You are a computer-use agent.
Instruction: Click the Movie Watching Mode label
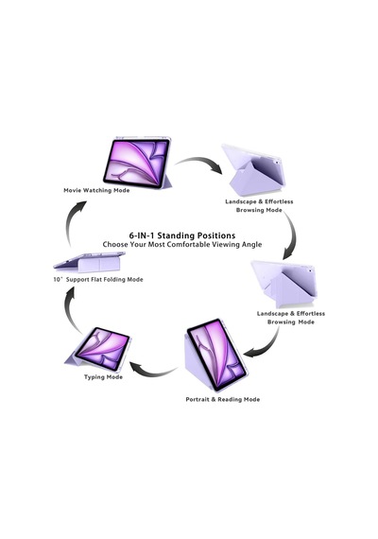click(96, 190)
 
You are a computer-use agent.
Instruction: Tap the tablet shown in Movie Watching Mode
click(137, 163)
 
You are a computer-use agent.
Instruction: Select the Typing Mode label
click(103, 377)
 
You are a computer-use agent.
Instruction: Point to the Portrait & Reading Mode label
click(223, 399)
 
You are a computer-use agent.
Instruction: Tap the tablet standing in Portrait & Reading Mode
click(216, 356)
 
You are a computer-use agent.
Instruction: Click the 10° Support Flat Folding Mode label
click(98, 280)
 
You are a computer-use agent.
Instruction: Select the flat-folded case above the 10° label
click(90, 261)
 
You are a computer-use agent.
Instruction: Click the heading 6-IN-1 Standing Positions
click(182, 235)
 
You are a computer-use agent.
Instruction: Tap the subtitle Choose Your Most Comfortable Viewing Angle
click(182, 244)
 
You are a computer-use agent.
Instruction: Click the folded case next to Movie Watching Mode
click(252, 170)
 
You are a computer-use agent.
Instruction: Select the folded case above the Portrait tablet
click(283, 285)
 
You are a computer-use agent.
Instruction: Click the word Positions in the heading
click(216, 235)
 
